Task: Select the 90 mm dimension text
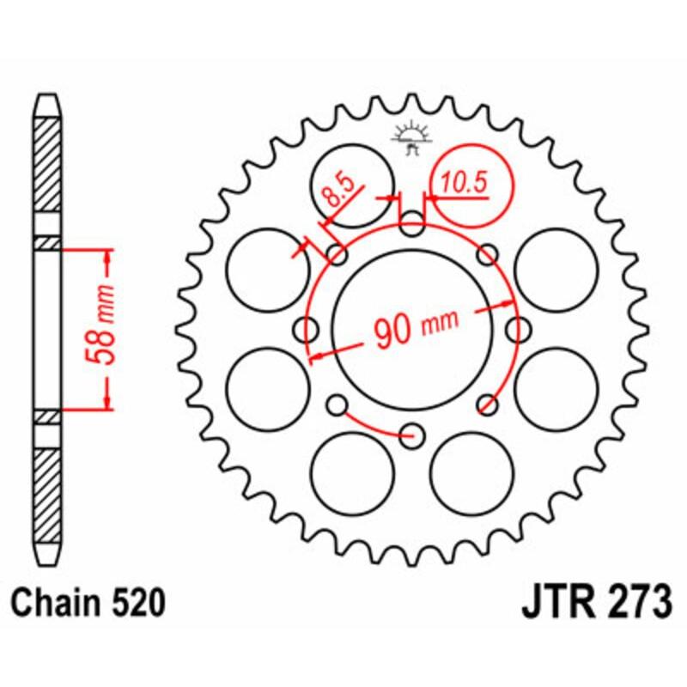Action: (415, 328)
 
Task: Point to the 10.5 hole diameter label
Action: (465, 182)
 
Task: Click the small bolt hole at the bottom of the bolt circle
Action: (413, 434)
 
